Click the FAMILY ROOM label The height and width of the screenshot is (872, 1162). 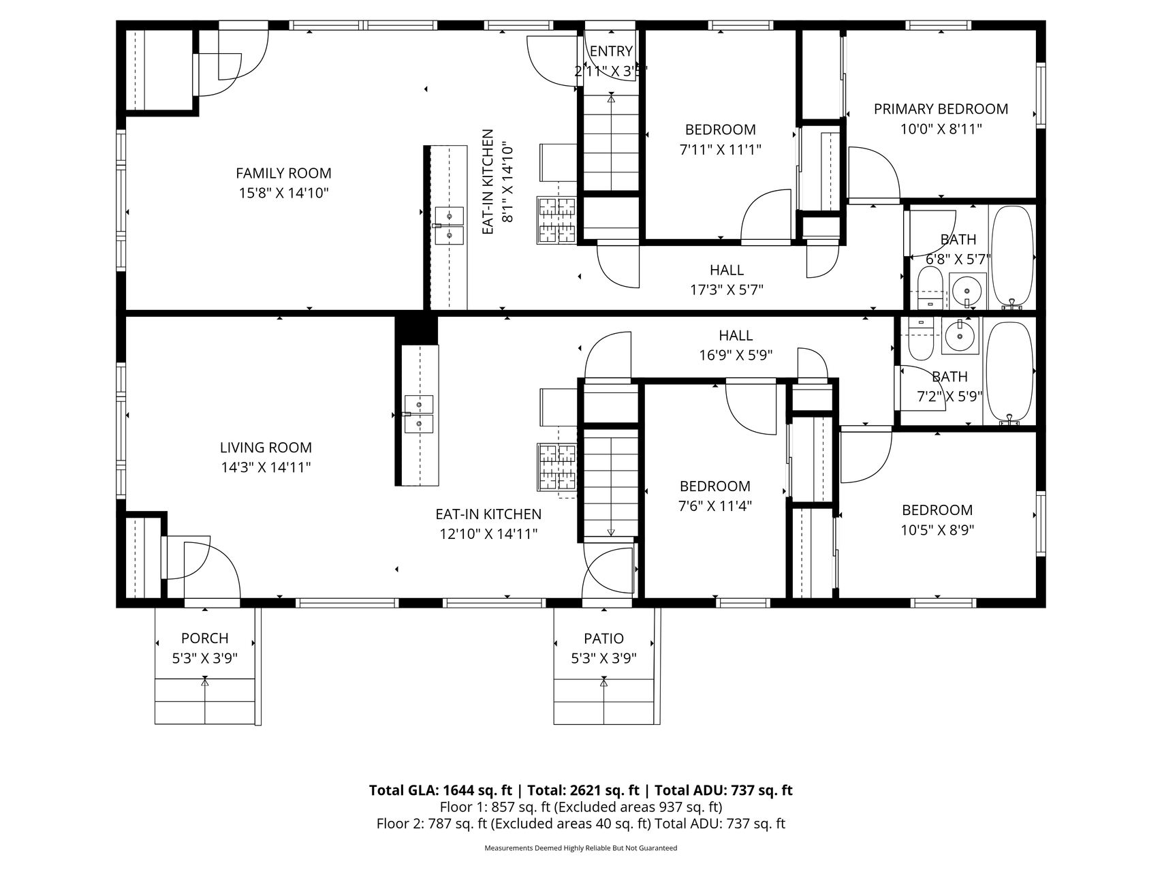pos(283,173)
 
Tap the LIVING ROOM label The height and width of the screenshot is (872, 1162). pos(266,448)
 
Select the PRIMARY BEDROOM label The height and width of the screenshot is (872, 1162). pos(941,109)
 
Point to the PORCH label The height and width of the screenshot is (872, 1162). pos(204,638)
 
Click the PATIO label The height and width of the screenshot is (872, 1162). pos(603,638)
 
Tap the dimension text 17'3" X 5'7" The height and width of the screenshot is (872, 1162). pos(727,290)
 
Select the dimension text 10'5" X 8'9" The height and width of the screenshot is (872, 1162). pos(937,530)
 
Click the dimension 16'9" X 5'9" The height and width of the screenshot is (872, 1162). pos(736,355)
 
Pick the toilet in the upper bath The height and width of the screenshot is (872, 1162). pos(929,288)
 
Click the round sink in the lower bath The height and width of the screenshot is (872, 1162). pos(960,335)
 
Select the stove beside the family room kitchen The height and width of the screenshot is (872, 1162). pos(556,220)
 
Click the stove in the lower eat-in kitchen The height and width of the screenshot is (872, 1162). pos(556,467)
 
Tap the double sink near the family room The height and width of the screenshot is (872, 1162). pos(449,225)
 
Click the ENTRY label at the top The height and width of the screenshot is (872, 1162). pos(611,51)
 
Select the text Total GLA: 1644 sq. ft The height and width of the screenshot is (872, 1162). pos(440,790)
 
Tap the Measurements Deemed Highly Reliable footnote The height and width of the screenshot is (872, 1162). pos(581,848)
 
